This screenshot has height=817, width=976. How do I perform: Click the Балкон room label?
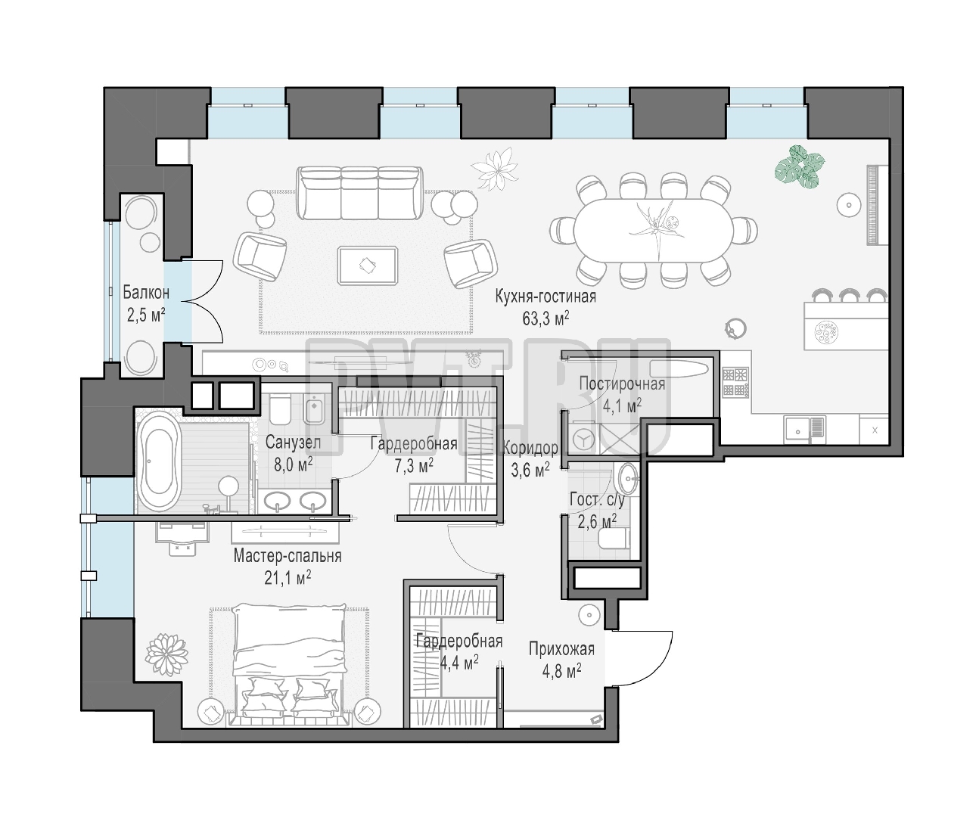146,293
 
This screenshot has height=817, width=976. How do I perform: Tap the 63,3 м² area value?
546,318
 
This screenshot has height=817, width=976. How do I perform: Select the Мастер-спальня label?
288,556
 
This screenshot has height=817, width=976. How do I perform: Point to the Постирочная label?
622,384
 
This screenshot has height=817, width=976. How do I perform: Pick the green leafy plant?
800,167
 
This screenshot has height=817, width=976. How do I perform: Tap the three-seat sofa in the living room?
359,193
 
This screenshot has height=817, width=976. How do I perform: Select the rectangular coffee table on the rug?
368,266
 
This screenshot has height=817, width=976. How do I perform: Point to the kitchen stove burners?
735,382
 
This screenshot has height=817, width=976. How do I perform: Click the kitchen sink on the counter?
798,430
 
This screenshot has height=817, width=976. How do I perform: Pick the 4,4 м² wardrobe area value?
459,662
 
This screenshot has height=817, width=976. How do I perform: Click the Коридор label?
530,448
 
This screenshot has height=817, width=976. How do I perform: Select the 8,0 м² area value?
294,464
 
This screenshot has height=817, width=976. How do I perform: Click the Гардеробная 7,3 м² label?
414,454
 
